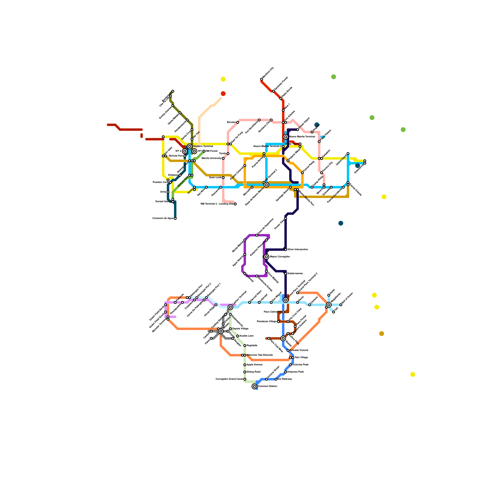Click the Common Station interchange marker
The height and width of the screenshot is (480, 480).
pos(254,386)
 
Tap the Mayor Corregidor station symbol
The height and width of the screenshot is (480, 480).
pos(266,257)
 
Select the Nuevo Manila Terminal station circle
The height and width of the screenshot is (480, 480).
pos(286,137)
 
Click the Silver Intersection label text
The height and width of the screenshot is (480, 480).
pos(298,250)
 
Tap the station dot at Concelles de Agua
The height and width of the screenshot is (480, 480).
pos(175,218)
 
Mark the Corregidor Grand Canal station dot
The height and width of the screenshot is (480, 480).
pos(245,379)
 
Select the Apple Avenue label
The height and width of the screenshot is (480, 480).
pos(254,365)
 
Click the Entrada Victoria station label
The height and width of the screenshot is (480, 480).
pos(299,350)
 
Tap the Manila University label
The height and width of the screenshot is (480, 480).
pos(211,158)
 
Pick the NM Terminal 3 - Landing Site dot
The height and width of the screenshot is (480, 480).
pos(235,204)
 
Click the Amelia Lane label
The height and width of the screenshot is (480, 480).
pos(246,336)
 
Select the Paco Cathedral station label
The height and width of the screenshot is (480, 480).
pos(272,312)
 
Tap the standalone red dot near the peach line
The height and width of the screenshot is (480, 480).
pos(223,94)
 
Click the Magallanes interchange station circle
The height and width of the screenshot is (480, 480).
pos(329,305)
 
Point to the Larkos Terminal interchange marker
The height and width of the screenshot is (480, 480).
pos(230,307)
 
